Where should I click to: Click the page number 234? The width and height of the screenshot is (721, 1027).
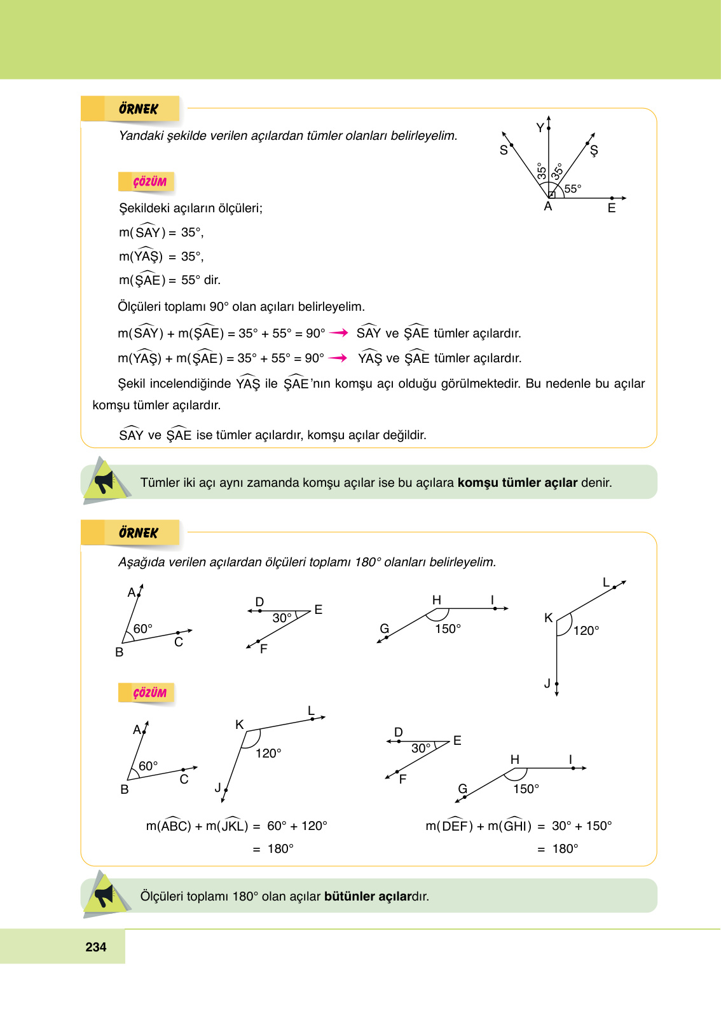[96, 947]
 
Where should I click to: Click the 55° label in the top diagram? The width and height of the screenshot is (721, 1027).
[572, 189]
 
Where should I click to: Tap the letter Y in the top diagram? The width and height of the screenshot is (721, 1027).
[540, 128]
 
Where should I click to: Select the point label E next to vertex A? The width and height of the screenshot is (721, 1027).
[612, 208]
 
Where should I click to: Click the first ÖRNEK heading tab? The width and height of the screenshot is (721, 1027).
[138, 109]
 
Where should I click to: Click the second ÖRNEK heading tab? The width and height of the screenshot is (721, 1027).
[138, 533]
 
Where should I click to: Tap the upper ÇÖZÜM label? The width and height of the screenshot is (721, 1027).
[149, 182]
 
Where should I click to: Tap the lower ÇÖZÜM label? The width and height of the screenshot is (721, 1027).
[149, 693]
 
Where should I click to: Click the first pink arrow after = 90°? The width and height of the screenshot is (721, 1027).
[339, 333]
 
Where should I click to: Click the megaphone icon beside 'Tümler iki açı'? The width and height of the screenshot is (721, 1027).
[104, 482]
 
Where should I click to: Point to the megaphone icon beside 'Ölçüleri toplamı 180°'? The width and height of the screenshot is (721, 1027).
[104, 895]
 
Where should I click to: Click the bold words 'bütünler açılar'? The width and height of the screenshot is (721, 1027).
[367, 896]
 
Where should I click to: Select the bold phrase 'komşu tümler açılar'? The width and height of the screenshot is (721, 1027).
[517, 482]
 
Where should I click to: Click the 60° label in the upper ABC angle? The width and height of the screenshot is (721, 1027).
[143, 629]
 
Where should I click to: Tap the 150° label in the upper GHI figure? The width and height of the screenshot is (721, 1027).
[448, 629]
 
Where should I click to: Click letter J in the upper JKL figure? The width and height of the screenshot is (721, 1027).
[547, 683]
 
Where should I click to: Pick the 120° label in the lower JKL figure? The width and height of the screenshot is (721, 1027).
[268, 753]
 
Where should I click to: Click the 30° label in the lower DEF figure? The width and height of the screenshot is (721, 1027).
[421, 748]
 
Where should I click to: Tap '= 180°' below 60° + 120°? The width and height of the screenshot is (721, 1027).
[273, 848]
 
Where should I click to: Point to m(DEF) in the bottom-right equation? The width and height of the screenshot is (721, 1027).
[449, 826]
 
